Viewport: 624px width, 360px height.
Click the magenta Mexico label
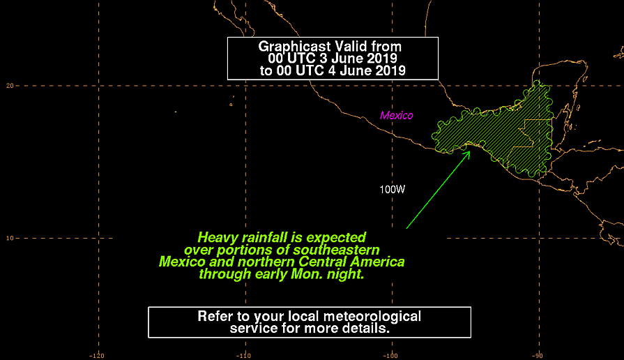click(x=397, y=116)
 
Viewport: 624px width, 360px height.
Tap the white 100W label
click(x=392, y=190)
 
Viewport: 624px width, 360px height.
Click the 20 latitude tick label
click(x=10, y=86)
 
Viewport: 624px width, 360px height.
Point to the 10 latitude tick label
click(x=10, y=238)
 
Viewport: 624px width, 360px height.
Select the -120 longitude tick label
click(x=97, y=356)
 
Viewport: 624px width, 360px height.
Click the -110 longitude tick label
click(x=243, y=356)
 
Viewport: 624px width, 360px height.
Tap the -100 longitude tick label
click(x=390, y=356)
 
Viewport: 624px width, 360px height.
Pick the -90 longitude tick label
click(x=538, y=356)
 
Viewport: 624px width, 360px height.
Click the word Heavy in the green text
click(x=215, y=238)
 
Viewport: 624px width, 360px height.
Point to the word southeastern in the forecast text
click(x=336, y=250)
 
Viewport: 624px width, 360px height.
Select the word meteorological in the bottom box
click(x=372, y=317)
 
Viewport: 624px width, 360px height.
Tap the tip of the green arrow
click(x=471, y=151)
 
